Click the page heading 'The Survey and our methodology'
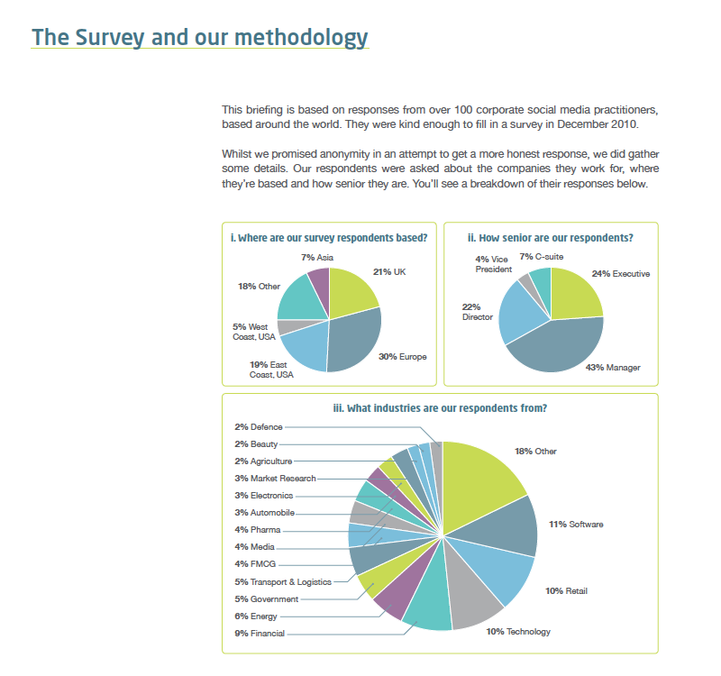(x=199, y=37)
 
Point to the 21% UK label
(x=389, y=272)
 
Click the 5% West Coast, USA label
(x=254, y=332)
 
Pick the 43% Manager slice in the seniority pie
(x=556, y=347)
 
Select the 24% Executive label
(x=621, y=274)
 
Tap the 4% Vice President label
(x=493, y=264)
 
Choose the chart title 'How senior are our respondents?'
(x=551, y=238)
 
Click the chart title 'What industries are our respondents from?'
(x=440, y=408)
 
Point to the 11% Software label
(x=576, y=525)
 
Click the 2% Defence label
(x=259, y=426)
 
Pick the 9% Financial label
(x=260, y=634)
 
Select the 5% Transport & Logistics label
(x=283, y=581)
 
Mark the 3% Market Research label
(x=275, y=479)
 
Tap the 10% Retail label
(x=566, y=591)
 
